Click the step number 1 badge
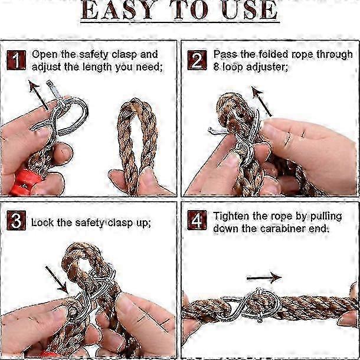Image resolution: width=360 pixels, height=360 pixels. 16,60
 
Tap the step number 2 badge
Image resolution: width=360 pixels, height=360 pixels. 197,60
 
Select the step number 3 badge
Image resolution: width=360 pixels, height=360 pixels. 16,220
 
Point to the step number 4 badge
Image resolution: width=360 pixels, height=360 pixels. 197,220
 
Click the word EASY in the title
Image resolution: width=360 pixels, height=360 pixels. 117,10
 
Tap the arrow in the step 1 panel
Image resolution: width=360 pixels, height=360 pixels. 38,95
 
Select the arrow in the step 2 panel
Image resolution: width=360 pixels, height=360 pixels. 261,101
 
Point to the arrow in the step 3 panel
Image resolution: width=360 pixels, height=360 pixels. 57,280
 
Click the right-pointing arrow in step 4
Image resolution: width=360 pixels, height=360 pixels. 264,278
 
